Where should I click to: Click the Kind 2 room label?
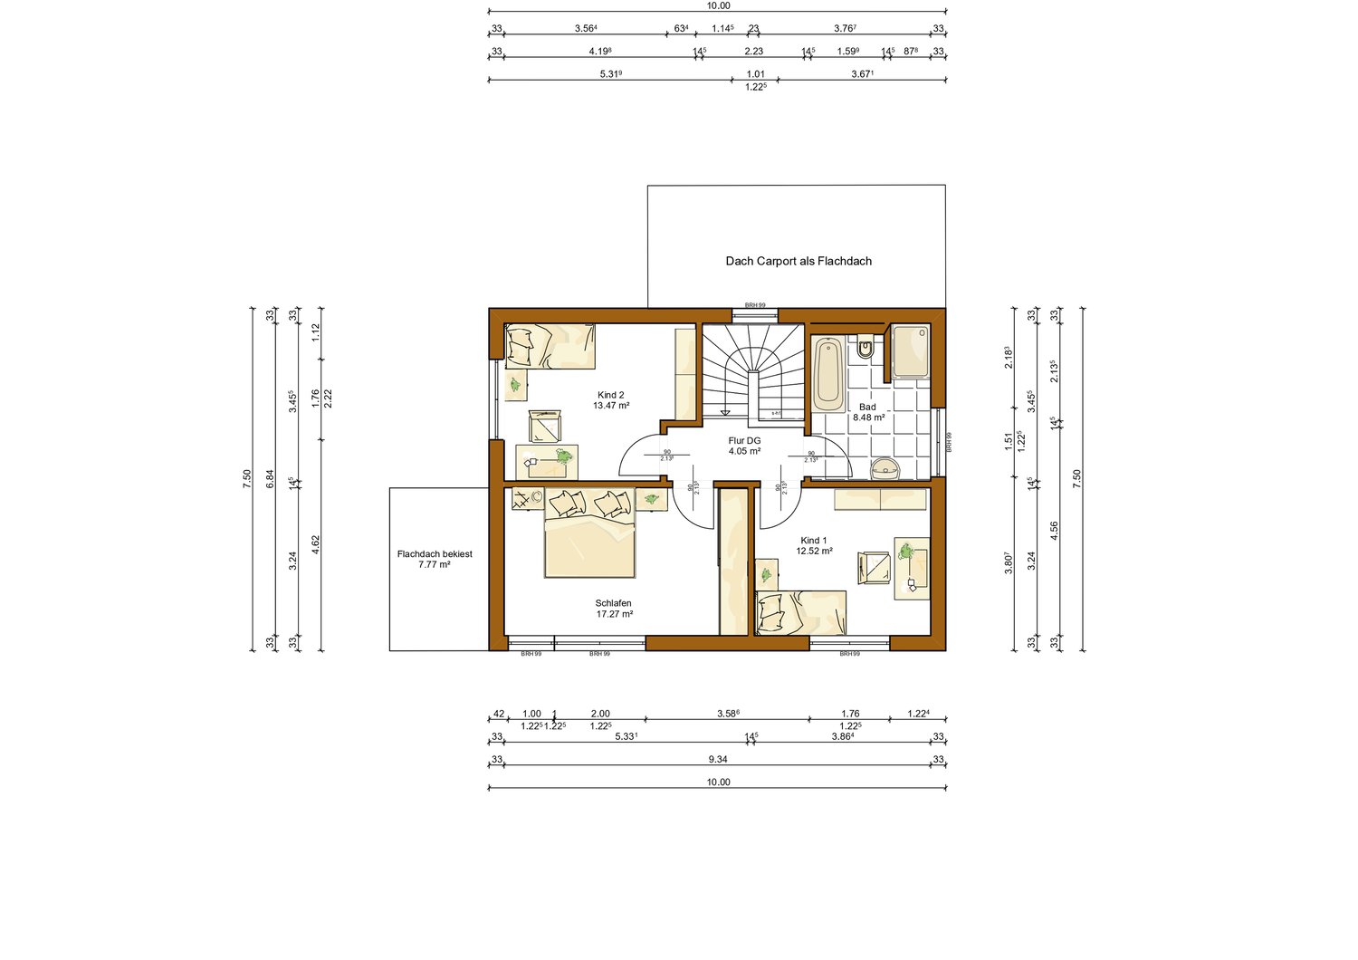click(x=611, y=400)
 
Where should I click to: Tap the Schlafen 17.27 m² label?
click(x=614, y=609)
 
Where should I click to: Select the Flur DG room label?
click(x=744, y=446)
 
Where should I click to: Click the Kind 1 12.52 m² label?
click(x=814, y=545)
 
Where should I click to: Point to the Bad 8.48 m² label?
click(x=868, y=412)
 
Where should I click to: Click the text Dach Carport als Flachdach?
click(x=799, y=261)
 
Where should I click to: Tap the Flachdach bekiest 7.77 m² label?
click(x=435, y=559)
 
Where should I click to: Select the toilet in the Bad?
click(x=865, y=348)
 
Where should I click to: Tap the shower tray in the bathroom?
click(x=910, y=351)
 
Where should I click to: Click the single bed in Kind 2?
click(x=550, y=347)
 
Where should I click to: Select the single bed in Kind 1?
click(x=800, y=612)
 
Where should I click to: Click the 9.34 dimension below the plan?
click(x=718, y=759)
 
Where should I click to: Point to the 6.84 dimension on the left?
click(x=270, y=480)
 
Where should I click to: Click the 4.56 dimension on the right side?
click(x=1054, y=531)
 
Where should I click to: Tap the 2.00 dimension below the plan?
click(x=599, y=714)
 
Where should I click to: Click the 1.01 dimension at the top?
click(x=755, y=74)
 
